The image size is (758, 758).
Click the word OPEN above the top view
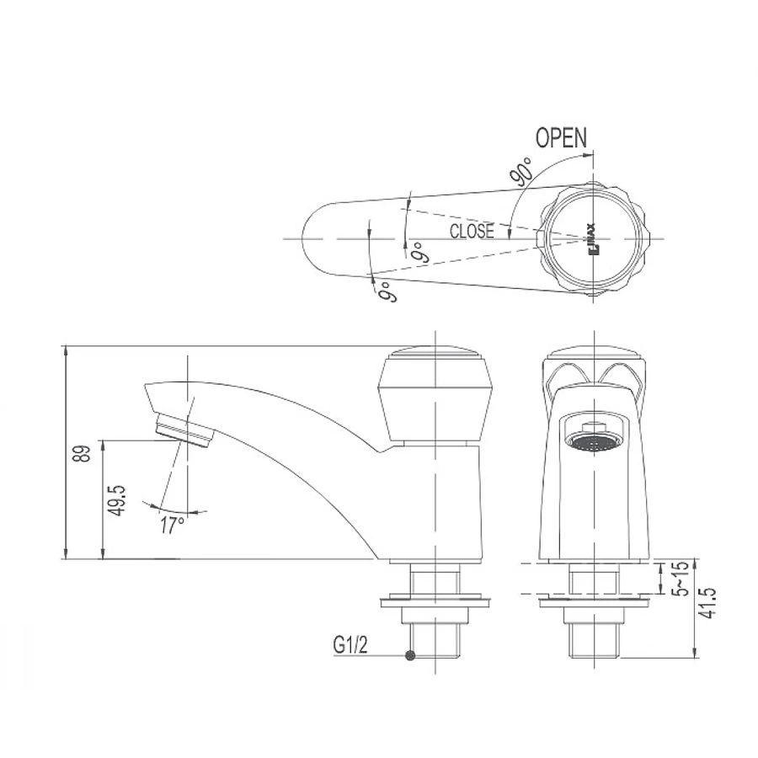click(562, 138)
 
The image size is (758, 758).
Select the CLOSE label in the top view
click(472, 231)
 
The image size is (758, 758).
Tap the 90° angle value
click(520, 172)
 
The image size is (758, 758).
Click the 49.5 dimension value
click(117, 500)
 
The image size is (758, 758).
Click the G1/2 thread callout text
click(351, 646)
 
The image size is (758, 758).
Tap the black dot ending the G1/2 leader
click(410, 656)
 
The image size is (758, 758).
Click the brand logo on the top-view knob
click(591, 238)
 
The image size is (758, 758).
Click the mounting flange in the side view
click(435, 601)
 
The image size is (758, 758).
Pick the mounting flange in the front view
click(595, 601)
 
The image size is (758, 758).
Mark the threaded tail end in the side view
click(435, 640)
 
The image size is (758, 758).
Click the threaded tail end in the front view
click(595, 640)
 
